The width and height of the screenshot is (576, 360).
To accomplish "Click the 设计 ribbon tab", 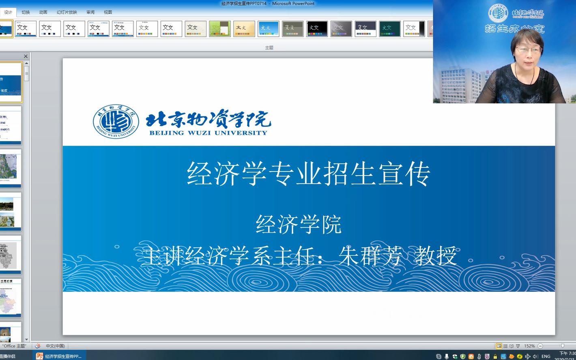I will pos(8,12).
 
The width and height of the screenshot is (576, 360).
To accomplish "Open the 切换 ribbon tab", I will pos(26,12).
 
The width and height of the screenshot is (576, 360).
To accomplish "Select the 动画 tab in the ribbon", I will pos(43,12).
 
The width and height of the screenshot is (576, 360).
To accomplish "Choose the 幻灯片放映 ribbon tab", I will pos(67,12).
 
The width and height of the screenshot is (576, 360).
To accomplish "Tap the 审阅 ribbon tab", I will pos(90,12).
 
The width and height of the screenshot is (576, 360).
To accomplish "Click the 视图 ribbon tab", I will pos(108,12).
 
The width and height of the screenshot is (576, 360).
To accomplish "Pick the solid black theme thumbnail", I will pos(317,29).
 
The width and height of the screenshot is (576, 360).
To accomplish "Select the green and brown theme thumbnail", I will pos(220,29).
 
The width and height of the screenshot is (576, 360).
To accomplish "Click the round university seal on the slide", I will pos(116,121).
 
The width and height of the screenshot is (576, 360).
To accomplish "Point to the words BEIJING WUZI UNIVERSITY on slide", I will pos(208,133).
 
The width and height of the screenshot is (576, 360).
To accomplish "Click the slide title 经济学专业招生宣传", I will pos(308,174).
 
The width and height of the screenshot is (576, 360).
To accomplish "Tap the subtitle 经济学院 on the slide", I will pos(299,224).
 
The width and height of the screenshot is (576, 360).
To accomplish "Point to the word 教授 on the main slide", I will pos(436,256).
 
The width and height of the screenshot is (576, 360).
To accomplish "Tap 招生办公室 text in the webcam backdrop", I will pos(514,29).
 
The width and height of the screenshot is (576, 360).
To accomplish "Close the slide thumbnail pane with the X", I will pos(26,56).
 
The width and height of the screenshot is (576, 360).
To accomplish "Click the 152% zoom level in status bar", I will pos(529,346).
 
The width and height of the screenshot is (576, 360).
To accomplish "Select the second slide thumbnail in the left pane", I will pos(11,125).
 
